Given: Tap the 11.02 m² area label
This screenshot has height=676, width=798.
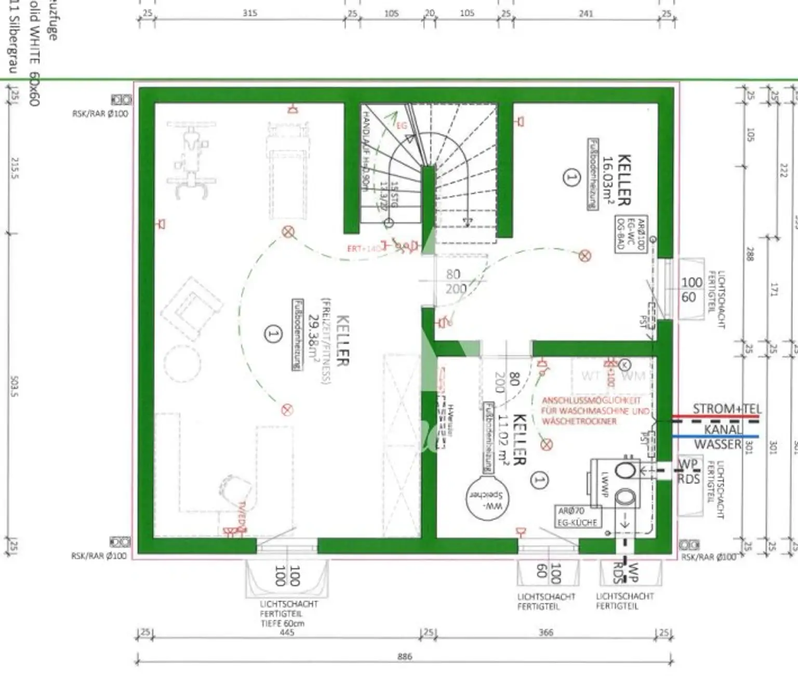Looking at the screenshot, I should point(503,440).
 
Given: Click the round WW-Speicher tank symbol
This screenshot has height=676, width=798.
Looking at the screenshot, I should point(487,497).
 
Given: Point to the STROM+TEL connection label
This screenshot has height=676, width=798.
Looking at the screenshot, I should point(726,409).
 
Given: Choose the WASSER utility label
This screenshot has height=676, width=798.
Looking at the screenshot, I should point(717,444).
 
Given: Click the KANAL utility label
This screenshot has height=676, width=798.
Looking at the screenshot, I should point(723,430).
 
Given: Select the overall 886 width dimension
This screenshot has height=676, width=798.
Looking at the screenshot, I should point(404,657).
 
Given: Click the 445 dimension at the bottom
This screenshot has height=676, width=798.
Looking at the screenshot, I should point(286,633).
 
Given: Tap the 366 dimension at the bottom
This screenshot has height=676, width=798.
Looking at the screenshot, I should point(546,633).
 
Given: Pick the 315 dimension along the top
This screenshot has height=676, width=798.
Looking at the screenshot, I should point(250,13).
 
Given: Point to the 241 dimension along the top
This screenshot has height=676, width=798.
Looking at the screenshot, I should point(586,14).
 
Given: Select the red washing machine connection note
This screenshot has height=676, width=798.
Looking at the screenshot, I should point(595,411).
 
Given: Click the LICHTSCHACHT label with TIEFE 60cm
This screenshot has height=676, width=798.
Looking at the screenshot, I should point(288,614).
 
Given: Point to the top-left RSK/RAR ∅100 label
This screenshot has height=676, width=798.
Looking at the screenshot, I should point(100,113).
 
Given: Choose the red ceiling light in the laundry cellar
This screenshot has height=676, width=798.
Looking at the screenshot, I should point(546,444).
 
